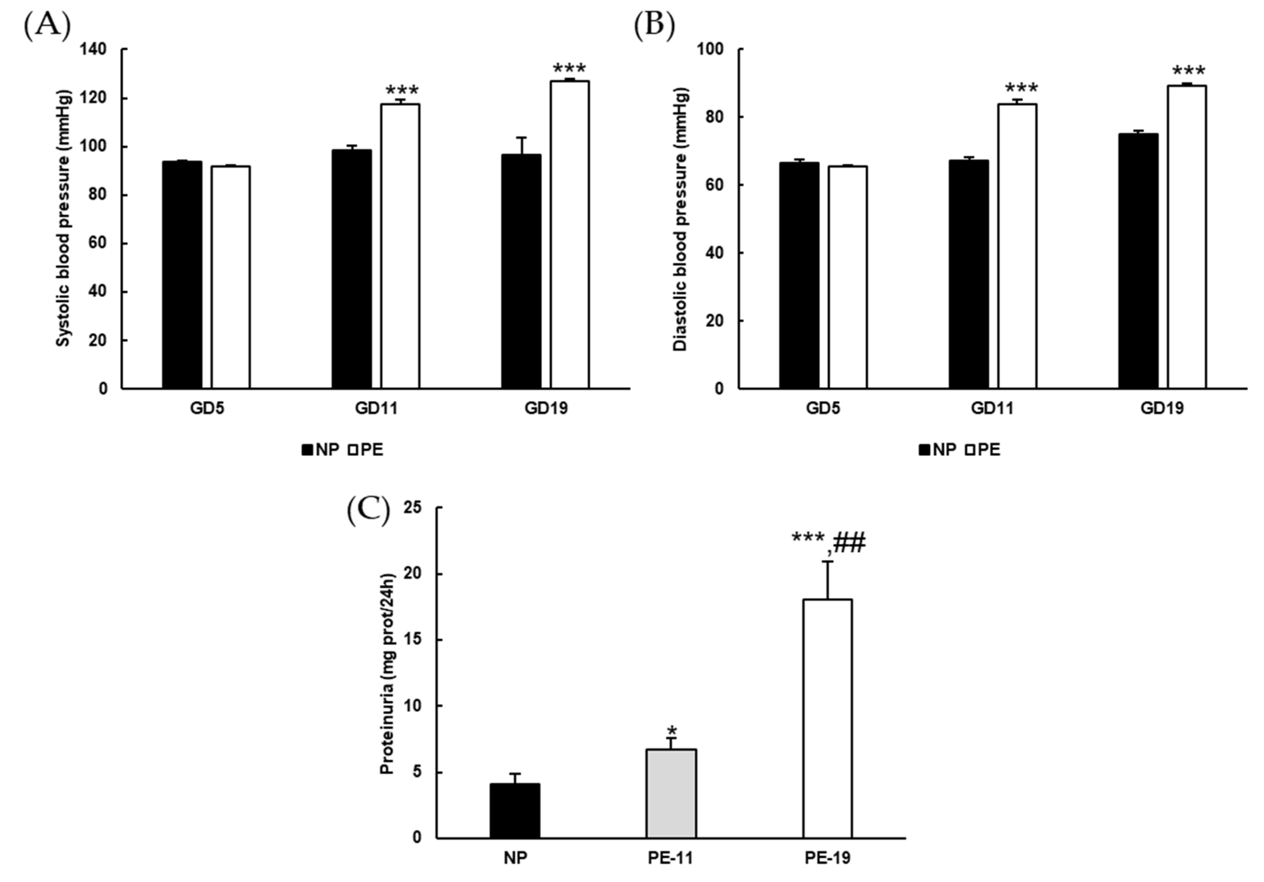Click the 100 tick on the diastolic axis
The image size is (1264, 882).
[x=710, y=49]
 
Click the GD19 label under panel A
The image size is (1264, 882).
[x=545, y=408]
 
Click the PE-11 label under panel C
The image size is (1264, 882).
[x=670, y=858]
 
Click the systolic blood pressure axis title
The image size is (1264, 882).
[x=64, y=219]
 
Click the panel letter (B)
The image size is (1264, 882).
[x=654, y=26]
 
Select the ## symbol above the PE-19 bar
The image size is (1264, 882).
[x=849, y=542]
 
